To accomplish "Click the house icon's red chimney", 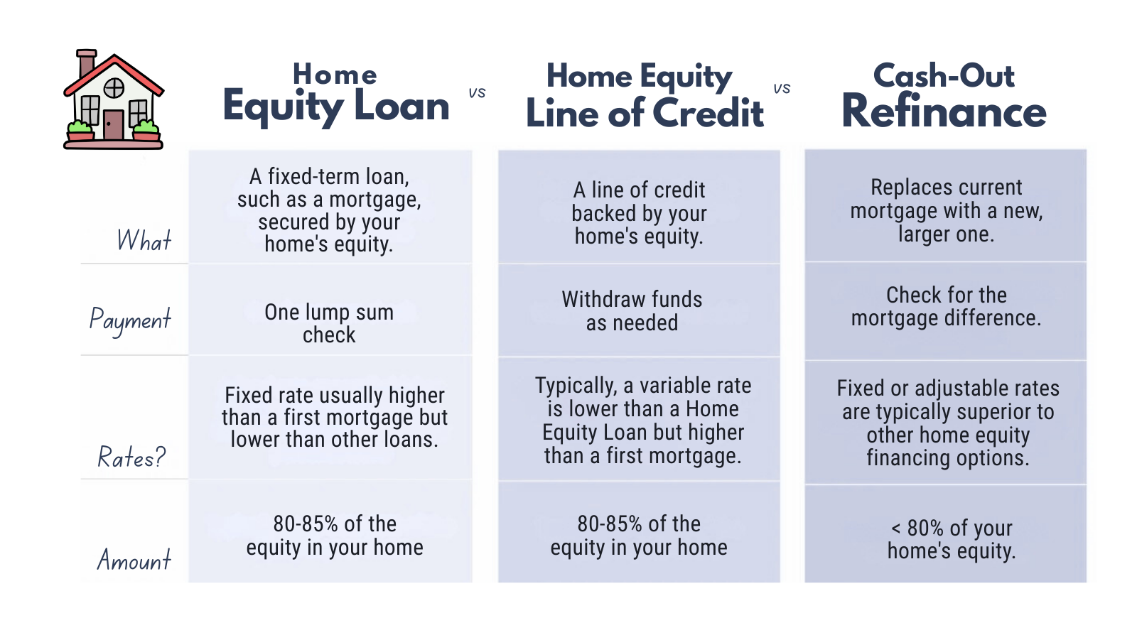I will coord(86,63).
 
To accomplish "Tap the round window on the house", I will coord(114,88).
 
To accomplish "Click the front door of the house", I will coord(113,124).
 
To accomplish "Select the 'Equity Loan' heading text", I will coord(335,107).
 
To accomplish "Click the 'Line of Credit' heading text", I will coord(644,113).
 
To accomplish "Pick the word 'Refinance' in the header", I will coord(944,112).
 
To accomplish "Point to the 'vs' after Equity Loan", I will coord(477,92).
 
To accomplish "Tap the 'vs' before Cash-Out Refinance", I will coord(782,88).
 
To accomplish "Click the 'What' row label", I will coord(144,241).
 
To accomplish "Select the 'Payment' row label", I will coord(130,320).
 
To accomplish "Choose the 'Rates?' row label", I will coord(131,457).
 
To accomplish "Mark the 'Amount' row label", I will coord(134,560).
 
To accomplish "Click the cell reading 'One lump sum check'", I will coord(329,323).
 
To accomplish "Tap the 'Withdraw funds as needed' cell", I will coord(632,311).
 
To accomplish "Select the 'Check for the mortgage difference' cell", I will coord(946,306).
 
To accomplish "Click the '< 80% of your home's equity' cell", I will coord(952,539).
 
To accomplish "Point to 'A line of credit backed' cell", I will coord(639,213).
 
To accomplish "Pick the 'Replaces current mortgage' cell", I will coord(946,210).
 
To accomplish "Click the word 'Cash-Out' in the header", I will coord(944,75).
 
